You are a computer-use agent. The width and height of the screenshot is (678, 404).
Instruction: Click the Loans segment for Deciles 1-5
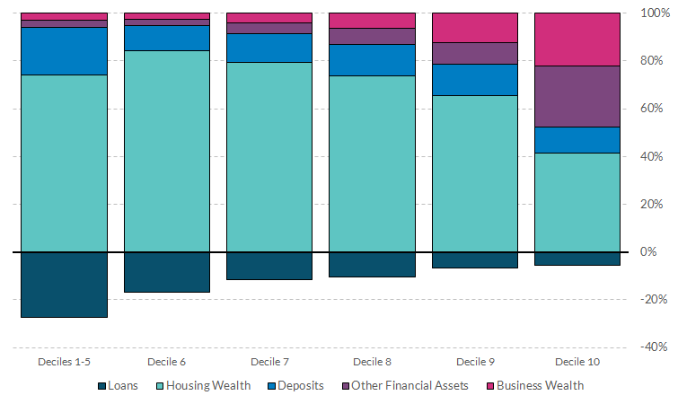(64, 285)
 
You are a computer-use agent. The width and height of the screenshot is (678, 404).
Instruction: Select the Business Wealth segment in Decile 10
(577, 40)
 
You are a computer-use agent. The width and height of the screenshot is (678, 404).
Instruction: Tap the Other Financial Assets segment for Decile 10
(577, 96)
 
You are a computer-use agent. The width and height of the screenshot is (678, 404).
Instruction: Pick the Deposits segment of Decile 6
(166, 38)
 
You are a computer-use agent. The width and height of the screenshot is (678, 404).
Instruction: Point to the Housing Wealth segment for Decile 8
(372, 163)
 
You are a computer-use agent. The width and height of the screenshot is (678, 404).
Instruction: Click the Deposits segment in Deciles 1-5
(64, 51)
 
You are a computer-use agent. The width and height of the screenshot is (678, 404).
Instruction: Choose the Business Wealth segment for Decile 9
(474, 28)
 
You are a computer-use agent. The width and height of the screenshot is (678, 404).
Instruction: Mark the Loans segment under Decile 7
(269, 266)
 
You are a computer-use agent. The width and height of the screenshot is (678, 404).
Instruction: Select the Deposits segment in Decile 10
(577, 140)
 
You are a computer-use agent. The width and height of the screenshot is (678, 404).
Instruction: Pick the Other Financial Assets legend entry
(405, 386)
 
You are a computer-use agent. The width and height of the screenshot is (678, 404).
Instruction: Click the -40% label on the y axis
(652, 347)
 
